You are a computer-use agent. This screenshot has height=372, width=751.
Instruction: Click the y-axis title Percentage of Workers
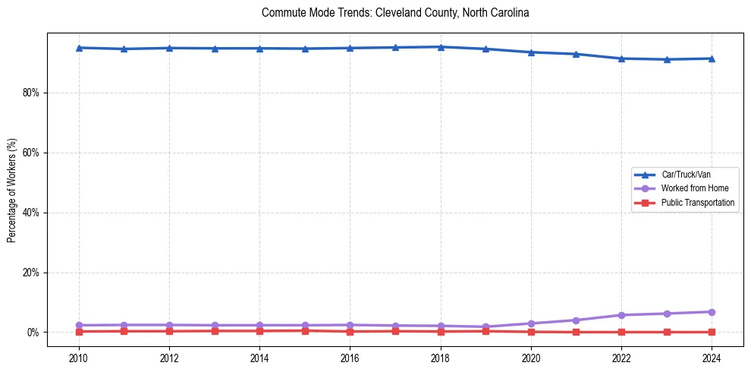pos(12,191)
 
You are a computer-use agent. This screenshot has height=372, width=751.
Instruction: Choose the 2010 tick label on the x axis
pos(79,357)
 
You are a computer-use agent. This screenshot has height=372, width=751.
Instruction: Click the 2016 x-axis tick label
pos(350,357)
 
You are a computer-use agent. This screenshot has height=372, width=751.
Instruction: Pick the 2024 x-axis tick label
pos(712,357)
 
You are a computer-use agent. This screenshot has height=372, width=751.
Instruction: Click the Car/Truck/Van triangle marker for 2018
pos(441,47)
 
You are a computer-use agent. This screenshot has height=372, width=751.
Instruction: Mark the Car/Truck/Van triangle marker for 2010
pos(79,48)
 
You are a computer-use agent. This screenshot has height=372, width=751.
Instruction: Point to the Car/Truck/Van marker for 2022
pos(621,58)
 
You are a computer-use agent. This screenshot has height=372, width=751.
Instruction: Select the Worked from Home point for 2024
pos(712,312)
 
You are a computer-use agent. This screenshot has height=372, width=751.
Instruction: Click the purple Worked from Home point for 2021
pos(577,320)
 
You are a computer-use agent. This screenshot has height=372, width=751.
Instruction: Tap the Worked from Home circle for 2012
pos(169,325)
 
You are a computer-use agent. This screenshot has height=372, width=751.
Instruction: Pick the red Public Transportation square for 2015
pos(305,330)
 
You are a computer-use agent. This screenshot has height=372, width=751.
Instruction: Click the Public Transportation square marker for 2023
pos(667,332)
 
